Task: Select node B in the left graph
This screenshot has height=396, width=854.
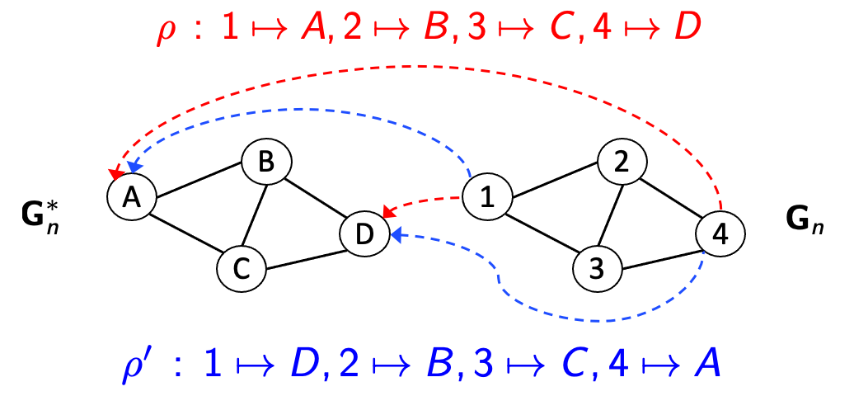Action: pyautogui.click(x=265, y=163)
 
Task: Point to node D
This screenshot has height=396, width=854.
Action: pyautogui.click(x=365, y=235)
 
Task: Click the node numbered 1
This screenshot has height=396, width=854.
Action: pyautogui.click(x=486, y=198)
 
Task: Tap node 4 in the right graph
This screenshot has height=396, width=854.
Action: pyautogui.click(x=720, y=234)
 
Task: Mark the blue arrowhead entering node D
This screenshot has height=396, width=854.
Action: pyautogui.click(x=396, y=235)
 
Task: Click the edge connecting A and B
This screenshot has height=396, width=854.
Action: pyautogui.click(x=198, y=180)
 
